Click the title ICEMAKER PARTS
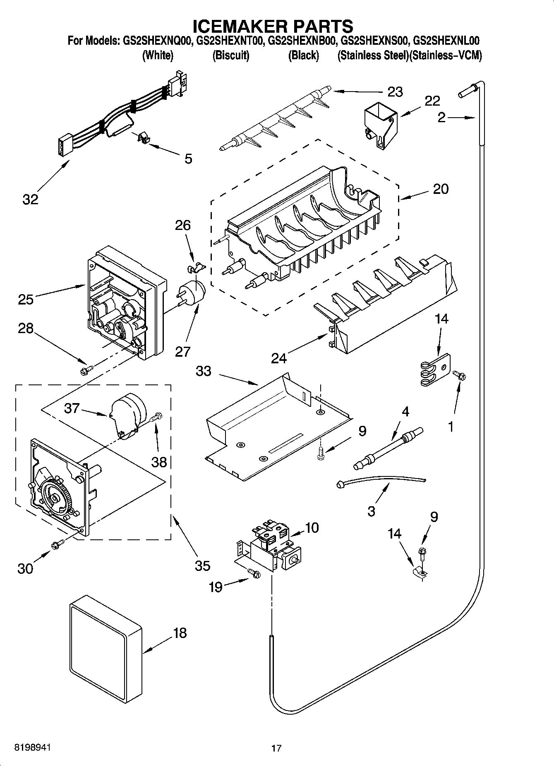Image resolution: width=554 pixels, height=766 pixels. [x=273, y=26]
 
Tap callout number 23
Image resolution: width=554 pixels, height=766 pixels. [x=395, y=92]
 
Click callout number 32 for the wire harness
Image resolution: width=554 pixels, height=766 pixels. [x=30, y=199]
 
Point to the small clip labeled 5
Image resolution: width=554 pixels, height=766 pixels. [x=143, y=138]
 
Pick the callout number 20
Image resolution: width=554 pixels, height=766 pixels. [x=440, y=189]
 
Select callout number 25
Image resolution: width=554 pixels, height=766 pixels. [x=26, y=299]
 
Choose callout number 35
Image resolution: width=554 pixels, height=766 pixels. [x=202, y=565]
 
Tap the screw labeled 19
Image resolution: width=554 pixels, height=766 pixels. [x=253, y=573]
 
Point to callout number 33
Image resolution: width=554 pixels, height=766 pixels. [x=204, y=371]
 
